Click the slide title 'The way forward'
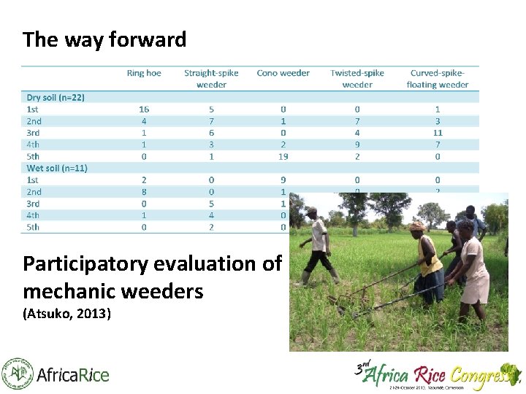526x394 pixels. tap(104, 39)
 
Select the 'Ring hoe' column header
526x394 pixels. tap(144, 73)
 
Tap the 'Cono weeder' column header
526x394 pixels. tap(283, 73)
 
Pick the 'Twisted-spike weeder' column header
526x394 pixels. tap(357, 79)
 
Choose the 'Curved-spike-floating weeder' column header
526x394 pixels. tap(438, 79)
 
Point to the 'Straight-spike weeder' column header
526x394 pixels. tap(211, 79)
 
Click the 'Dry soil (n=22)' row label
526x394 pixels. tap(56, 97)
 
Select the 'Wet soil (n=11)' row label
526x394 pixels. tap(57, 168)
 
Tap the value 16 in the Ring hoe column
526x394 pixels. tap(144, 109)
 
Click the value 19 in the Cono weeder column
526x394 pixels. tap(283, 156)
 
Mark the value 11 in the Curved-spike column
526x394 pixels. tap(438, 133)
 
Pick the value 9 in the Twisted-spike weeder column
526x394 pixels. tap(357, 144)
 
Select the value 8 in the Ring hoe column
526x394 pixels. tap(144, 192)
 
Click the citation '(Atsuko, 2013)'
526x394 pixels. tap(66, 315)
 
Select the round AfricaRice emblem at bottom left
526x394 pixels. tap(17, 374)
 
